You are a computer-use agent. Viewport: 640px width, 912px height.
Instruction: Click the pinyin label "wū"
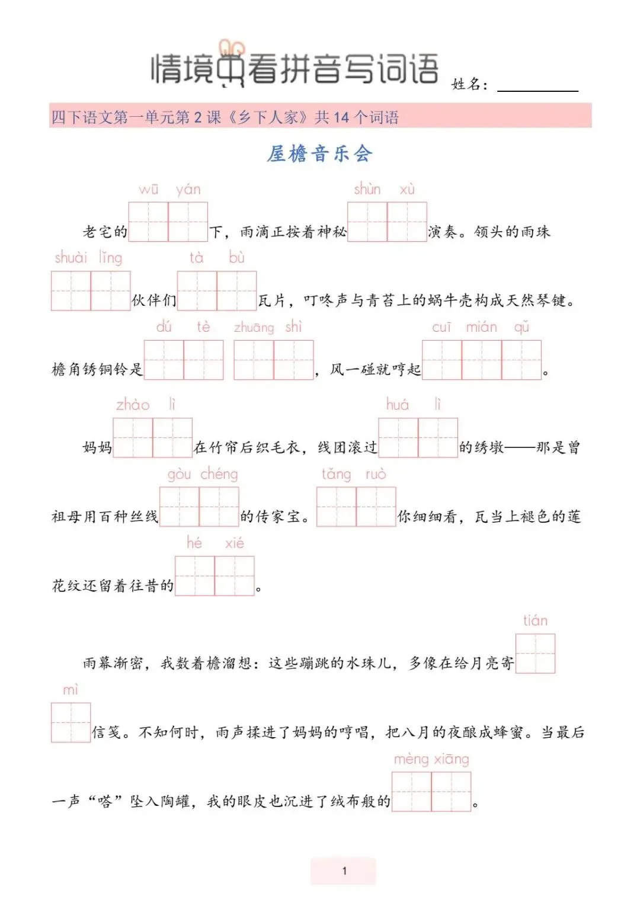[x=148, y=190]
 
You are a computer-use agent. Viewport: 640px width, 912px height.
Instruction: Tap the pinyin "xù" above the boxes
[x=407, y=190]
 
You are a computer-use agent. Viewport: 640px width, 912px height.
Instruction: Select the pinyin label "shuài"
[x=71, y=258]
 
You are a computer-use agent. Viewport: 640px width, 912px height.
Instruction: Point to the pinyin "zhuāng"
[x=254, y=328]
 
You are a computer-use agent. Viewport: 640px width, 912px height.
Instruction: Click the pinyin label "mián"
[x=481, y=327]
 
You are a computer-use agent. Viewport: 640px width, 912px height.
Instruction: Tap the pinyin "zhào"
[x=132, y=405]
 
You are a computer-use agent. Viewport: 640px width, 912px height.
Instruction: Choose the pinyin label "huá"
[x=397, y=405]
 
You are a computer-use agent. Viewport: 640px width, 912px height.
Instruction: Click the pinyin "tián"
[x=535, y=621]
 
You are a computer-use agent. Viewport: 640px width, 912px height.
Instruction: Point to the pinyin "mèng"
[x=411, y=760]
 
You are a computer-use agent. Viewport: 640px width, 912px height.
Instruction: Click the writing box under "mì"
[x=71, y=722]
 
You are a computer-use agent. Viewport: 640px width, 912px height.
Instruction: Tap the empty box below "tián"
[x=535, y=654]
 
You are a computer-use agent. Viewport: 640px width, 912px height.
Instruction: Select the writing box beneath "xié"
[x=235, y=575]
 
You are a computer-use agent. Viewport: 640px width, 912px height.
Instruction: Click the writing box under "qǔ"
[x=521, y=360]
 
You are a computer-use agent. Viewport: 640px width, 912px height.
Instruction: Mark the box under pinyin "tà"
[x=197, y=290]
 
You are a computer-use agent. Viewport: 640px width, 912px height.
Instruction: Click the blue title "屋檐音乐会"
[x=319, y=154]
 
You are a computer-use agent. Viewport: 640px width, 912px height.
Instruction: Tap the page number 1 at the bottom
[x=344, y=871]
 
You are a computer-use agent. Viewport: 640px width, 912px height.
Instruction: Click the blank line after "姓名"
[x=537, y=86]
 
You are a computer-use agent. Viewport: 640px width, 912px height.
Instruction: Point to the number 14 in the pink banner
[x=341, y=117]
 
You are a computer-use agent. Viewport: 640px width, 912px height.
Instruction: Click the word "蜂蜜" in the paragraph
[x=508, y=733]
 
